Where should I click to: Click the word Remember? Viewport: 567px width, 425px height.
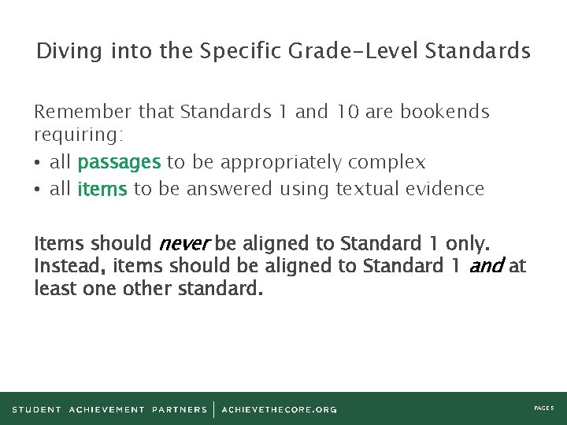(83, 112)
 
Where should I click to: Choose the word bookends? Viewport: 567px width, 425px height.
(445, 112)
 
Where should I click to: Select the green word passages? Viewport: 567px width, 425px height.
(120, 163)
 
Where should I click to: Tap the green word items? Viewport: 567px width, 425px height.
(102, 189)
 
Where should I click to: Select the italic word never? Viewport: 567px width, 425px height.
(184, 242)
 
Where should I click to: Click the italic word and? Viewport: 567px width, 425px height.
(486, 266)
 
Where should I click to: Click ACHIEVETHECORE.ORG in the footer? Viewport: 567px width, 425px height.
(279, 409)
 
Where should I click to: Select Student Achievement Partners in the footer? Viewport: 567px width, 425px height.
(109, 409)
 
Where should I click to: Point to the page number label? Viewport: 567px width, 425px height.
(544, 409)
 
